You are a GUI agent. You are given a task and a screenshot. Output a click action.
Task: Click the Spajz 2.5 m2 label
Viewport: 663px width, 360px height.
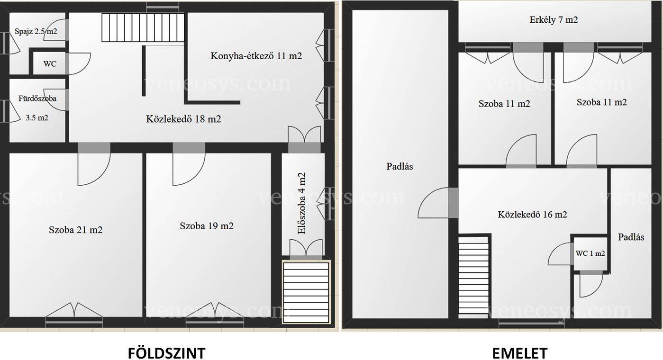(x=36, y=31)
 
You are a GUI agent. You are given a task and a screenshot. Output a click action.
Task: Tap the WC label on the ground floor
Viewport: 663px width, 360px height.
(x=50, y=63)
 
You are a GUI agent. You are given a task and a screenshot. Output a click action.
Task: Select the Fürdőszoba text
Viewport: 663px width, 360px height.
(x=37, y=98)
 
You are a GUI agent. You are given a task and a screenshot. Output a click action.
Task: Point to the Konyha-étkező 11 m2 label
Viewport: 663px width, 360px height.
(x=256, y=56)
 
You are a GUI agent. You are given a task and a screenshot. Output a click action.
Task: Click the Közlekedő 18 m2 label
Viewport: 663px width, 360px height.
(x=183, y=119)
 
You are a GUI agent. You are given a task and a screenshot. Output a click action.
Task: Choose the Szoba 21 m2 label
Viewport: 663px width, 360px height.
(x=76, y=230)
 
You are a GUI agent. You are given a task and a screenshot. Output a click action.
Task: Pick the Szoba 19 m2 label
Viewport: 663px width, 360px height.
(x=207, y=226)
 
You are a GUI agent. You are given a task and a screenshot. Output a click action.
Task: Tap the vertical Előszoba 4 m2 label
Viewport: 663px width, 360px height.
(x=301, y=203)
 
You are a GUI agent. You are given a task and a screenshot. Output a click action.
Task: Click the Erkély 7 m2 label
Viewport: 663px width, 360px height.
(x=554, y=20)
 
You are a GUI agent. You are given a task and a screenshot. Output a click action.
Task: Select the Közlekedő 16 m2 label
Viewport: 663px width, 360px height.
(x=532, y=214)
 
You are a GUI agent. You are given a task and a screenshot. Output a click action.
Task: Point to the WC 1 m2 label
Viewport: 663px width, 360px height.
(x=590, y=253)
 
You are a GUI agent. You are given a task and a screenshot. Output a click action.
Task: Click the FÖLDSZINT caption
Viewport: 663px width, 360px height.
(x=167, y=353)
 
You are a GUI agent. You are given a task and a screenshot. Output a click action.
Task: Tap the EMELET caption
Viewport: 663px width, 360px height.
(x=520, y=353)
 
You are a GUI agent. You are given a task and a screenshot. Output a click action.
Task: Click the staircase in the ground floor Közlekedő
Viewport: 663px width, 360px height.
(x=143, y=27)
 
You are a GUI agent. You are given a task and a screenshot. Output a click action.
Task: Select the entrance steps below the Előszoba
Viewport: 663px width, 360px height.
(x=306, y=292)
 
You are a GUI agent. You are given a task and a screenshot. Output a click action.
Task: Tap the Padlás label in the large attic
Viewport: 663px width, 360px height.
(x=400, y=166)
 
